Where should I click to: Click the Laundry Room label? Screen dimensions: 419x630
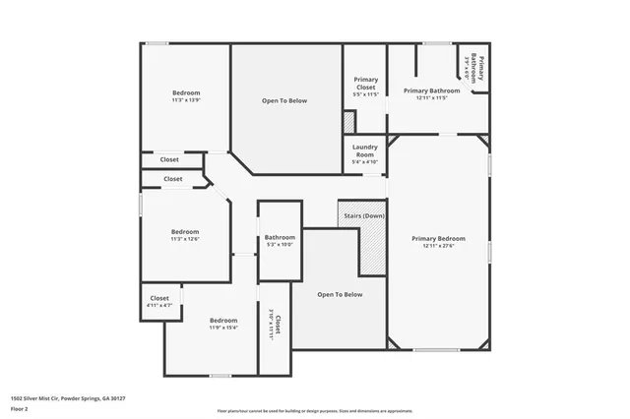364,150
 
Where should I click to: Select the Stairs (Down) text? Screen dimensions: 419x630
362,215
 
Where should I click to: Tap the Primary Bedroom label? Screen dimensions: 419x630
438,239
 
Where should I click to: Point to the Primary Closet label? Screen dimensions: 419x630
366,83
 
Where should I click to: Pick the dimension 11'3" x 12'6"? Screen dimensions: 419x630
185,239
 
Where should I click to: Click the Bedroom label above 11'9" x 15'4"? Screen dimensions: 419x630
223,320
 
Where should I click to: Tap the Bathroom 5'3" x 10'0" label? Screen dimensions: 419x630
280,237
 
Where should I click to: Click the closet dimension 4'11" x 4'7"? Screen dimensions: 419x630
158,306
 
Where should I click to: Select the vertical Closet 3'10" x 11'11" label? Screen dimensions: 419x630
275,326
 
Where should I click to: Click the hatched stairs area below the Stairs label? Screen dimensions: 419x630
372,248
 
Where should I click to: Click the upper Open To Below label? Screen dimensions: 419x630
284,100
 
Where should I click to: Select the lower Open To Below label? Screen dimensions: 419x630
340,294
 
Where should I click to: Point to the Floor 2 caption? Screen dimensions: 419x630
19,407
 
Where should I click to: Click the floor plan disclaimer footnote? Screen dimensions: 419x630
314,411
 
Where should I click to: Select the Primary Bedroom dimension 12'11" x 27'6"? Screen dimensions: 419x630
438,246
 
